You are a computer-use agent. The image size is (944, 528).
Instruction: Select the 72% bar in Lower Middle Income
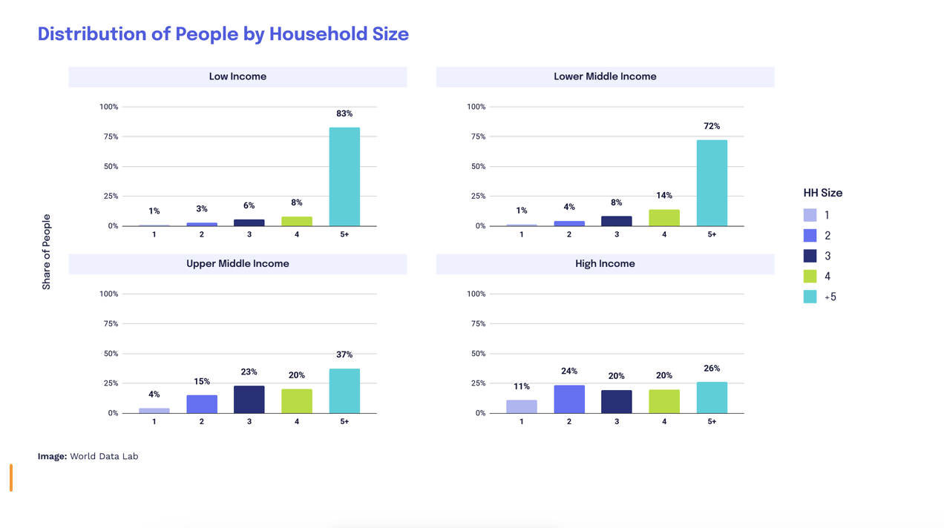tap(712, 183)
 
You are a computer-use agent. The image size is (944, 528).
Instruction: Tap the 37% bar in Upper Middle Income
tap(344, 391)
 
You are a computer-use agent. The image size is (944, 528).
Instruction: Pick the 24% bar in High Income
tap(569, 399)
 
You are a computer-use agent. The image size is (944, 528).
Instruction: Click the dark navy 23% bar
tap(249, 400)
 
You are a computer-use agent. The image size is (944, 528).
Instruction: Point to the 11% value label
tap(522, 386)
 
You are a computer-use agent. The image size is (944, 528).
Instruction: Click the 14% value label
tap(664, 196)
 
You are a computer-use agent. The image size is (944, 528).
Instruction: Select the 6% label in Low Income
tap(249, 205)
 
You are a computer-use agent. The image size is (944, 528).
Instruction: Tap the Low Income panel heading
tap(237, 76)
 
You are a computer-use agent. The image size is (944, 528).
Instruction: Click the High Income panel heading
tap(605, 263)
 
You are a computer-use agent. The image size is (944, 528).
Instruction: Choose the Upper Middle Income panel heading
tap(237, 263)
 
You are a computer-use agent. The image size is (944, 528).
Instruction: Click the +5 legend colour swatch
tap(810, 297)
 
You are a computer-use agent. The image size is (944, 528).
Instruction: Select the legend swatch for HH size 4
tap(810, 276)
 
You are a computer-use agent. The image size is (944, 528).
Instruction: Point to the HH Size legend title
tap(823, 193)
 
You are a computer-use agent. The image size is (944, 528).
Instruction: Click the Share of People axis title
tap(47, 252)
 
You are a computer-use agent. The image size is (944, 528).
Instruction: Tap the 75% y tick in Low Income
tap(109, 136)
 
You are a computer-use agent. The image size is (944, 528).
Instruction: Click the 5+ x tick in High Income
tap(712, 421)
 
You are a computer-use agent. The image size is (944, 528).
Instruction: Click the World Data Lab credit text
tap(104, 456)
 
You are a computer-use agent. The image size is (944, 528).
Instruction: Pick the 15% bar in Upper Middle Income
tap(202, 404)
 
